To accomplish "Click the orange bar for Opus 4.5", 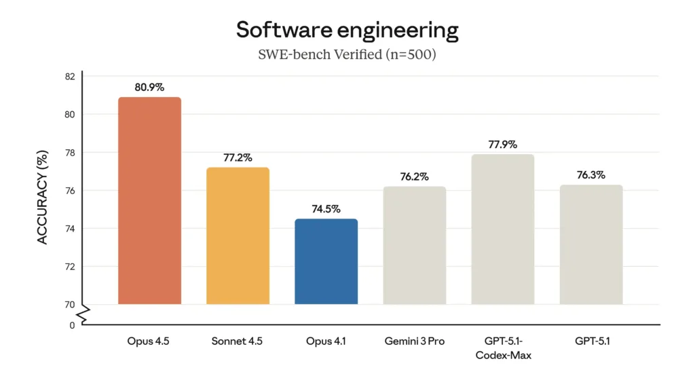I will [x=149, y=200].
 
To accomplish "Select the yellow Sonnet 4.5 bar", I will [x=238, y=236].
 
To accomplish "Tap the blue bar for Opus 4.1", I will [x=326, y=261].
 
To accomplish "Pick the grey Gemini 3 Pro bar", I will [x=414, y=245].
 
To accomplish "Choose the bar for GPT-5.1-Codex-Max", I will [x=502, y=229].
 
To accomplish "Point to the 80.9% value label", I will [x=149, y=87].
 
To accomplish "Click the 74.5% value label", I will [x=326, y=209].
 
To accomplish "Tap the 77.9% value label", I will [x=502, y=144].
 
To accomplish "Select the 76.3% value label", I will [x=590, y=174].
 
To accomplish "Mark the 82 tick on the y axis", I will [x=70, y=76].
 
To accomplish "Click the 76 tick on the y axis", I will [x=70, y=191].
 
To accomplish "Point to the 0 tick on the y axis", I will [x=72, y=326].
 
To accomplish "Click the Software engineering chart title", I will [x=347, y=30].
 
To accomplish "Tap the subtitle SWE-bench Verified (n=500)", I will [x=347, y=54].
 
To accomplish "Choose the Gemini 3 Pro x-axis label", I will [x=414, y=341].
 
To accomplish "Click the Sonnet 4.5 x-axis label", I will [x=238, y=341].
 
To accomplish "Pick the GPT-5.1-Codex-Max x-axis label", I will [x=502, y=348].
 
